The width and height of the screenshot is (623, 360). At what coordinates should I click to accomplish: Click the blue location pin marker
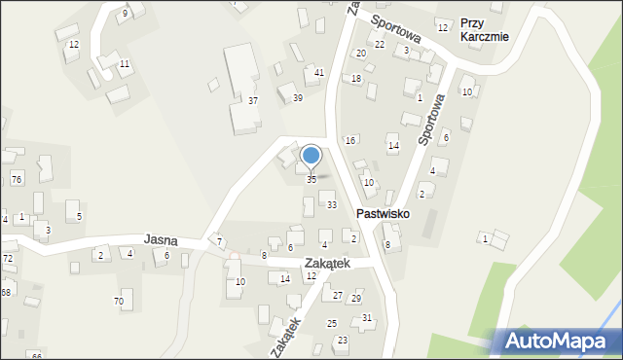[311, 156]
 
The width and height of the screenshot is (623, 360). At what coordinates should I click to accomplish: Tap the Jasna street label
[160, 237]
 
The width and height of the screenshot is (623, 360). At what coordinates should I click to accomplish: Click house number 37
[252, 101]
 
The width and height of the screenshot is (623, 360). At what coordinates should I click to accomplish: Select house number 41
[319, 73]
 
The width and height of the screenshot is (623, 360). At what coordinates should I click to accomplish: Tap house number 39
[298, 97]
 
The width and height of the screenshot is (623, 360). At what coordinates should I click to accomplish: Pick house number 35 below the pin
[311, 179]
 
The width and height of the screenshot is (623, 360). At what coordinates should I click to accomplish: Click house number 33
[332, 204]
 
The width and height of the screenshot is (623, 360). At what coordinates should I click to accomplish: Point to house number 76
[16, 179]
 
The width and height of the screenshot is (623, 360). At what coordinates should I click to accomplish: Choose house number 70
[119, 302]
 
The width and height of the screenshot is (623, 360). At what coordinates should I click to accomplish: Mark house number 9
[125, 14]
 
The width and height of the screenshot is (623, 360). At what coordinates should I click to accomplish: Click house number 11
[124, 64]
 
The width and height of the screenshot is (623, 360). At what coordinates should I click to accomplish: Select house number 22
[380, 45]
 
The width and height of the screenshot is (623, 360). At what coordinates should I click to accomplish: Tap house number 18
[356, 78]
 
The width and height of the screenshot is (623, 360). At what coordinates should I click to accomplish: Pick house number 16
[350, 141]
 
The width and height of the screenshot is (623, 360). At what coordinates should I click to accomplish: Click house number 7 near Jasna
[220, 241]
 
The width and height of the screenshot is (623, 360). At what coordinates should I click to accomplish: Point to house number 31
[367, 318]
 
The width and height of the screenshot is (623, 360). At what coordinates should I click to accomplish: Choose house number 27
[338, 295]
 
